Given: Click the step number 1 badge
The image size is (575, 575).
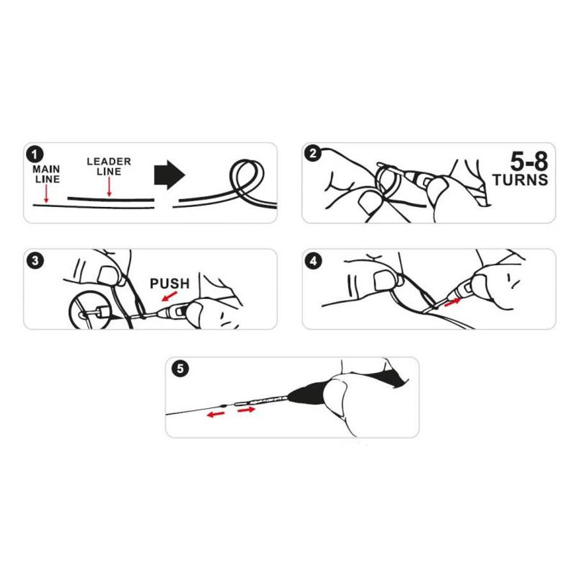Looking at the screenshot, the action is [x=35, y=155].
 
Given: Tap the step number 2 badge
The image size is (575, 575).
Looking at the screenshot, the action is [x=313, y=153].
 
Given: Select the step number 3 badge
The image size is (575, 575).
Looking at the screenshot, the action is [x=35, y=261].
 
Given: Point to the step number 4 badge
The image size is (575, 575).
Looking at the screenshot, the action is [x=313, y=261].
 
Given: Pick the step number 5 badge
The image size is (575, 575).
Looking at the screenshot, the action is [x=180, y=368].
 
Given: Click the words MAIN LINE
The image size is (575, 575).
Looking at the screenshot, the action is [x=47, y=174].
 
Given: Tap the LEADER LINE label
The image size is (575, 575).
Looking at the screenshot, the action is [x=109, y=167].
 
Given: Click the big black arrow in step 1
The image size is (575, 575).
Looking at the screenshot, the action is [x=169, y=174].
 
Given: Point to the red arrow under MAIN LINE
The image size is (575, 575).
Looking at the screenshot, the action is [x=46, y=194].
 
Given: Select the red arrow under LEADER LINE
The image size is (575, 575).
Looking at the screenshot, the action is [x=109, y=187].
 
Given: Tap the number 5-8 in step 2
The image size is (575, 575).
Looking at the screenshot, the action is [x=529, y=161].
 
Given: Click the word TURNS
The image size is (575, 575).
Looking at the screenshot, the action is [x=520, y=180].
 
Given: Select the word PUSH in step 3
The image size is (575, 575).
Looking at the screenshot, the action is [x=170, y=284].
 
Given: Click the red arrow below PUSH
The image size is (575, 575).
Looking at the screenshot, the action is [x=170, y=296].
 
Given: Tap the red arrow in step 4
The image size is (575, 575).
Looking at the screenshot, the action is [x=452, y=302].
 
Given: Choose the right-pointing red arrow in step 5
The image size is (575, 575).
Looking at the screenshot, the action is [x=246, y=410].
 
